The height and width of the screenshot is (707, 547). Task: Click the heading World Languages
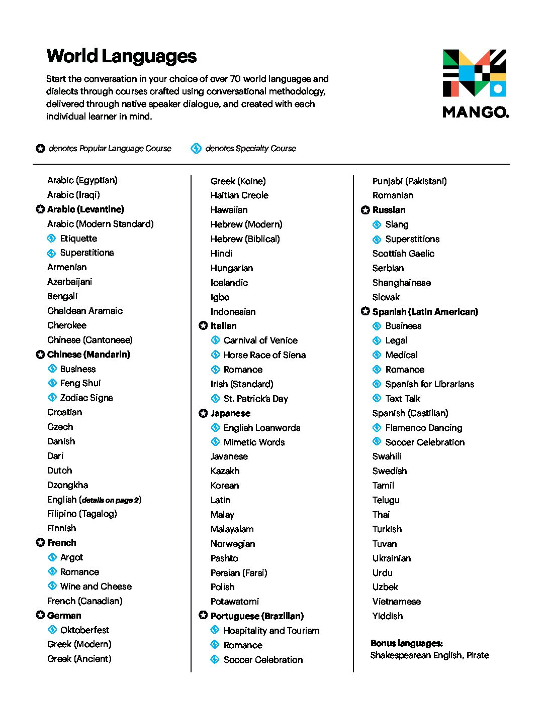pos(121,56)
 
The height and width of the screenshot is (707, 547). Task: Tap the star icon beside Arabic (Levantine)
pos(40,209)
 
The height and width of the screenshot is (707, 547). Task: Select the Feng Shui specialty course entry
pos(80,383)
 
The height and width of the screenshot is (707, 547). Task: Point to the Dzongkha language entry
pos(67,485)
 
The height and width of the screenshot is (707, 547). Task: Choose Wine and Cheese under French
pos(96,586)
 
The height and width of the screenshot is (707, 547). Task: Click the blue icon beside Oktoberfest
pos(52,630)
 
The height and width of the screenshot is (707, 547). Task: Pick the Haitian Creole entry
pos(239,195)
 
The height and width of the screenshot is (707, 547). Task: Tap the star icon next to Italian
pos(203,326)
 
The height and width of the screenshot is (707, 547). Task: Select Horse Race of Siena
pos(264,355)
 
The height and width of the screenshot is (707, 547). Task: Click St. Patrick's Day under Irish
pos(255,399)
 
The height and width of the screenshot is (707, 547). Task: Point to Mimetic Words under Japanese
pos(254,442)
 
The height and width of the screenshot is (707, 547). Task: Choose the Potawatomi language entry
pos(235,602)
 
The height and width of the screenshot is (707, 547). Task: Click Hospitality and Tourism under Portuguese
pos(271,631)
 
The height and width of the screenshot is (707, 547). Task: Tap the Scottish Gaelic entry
pos(403,254)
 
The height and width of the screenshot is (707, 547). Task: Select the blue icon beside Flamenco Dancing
pos(377,428)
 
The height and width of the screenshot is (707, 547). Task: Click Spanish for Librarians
pos(429,384)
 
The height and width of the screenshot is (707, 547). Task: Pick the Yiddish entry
pos(388,616)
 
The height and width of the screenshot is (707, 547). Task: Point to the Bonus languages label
pos(407,643)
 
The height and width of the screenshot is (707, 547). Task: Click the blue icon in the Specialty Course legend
pos(196,148)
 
